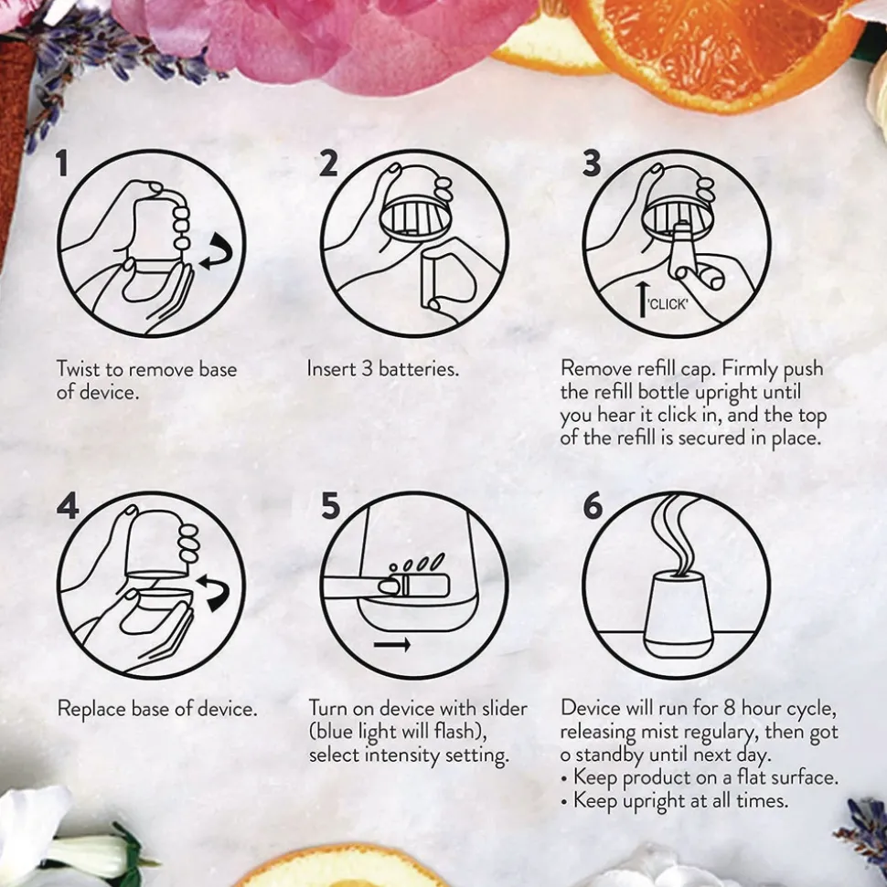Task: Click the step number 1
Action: (62, 164)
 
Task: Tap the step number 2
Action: (328, 164)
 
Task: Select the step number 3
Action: (592, 164)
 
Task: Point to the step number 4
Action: (68, 505)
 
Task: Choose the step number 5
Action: (331, 505)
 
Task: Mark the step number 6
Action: (593, 505)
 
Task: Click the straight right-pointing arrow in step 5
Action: (392, 644)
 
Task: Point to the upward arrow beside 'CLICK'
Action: (641, 300)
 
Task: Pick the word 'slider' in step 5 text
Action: (505, 708)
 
